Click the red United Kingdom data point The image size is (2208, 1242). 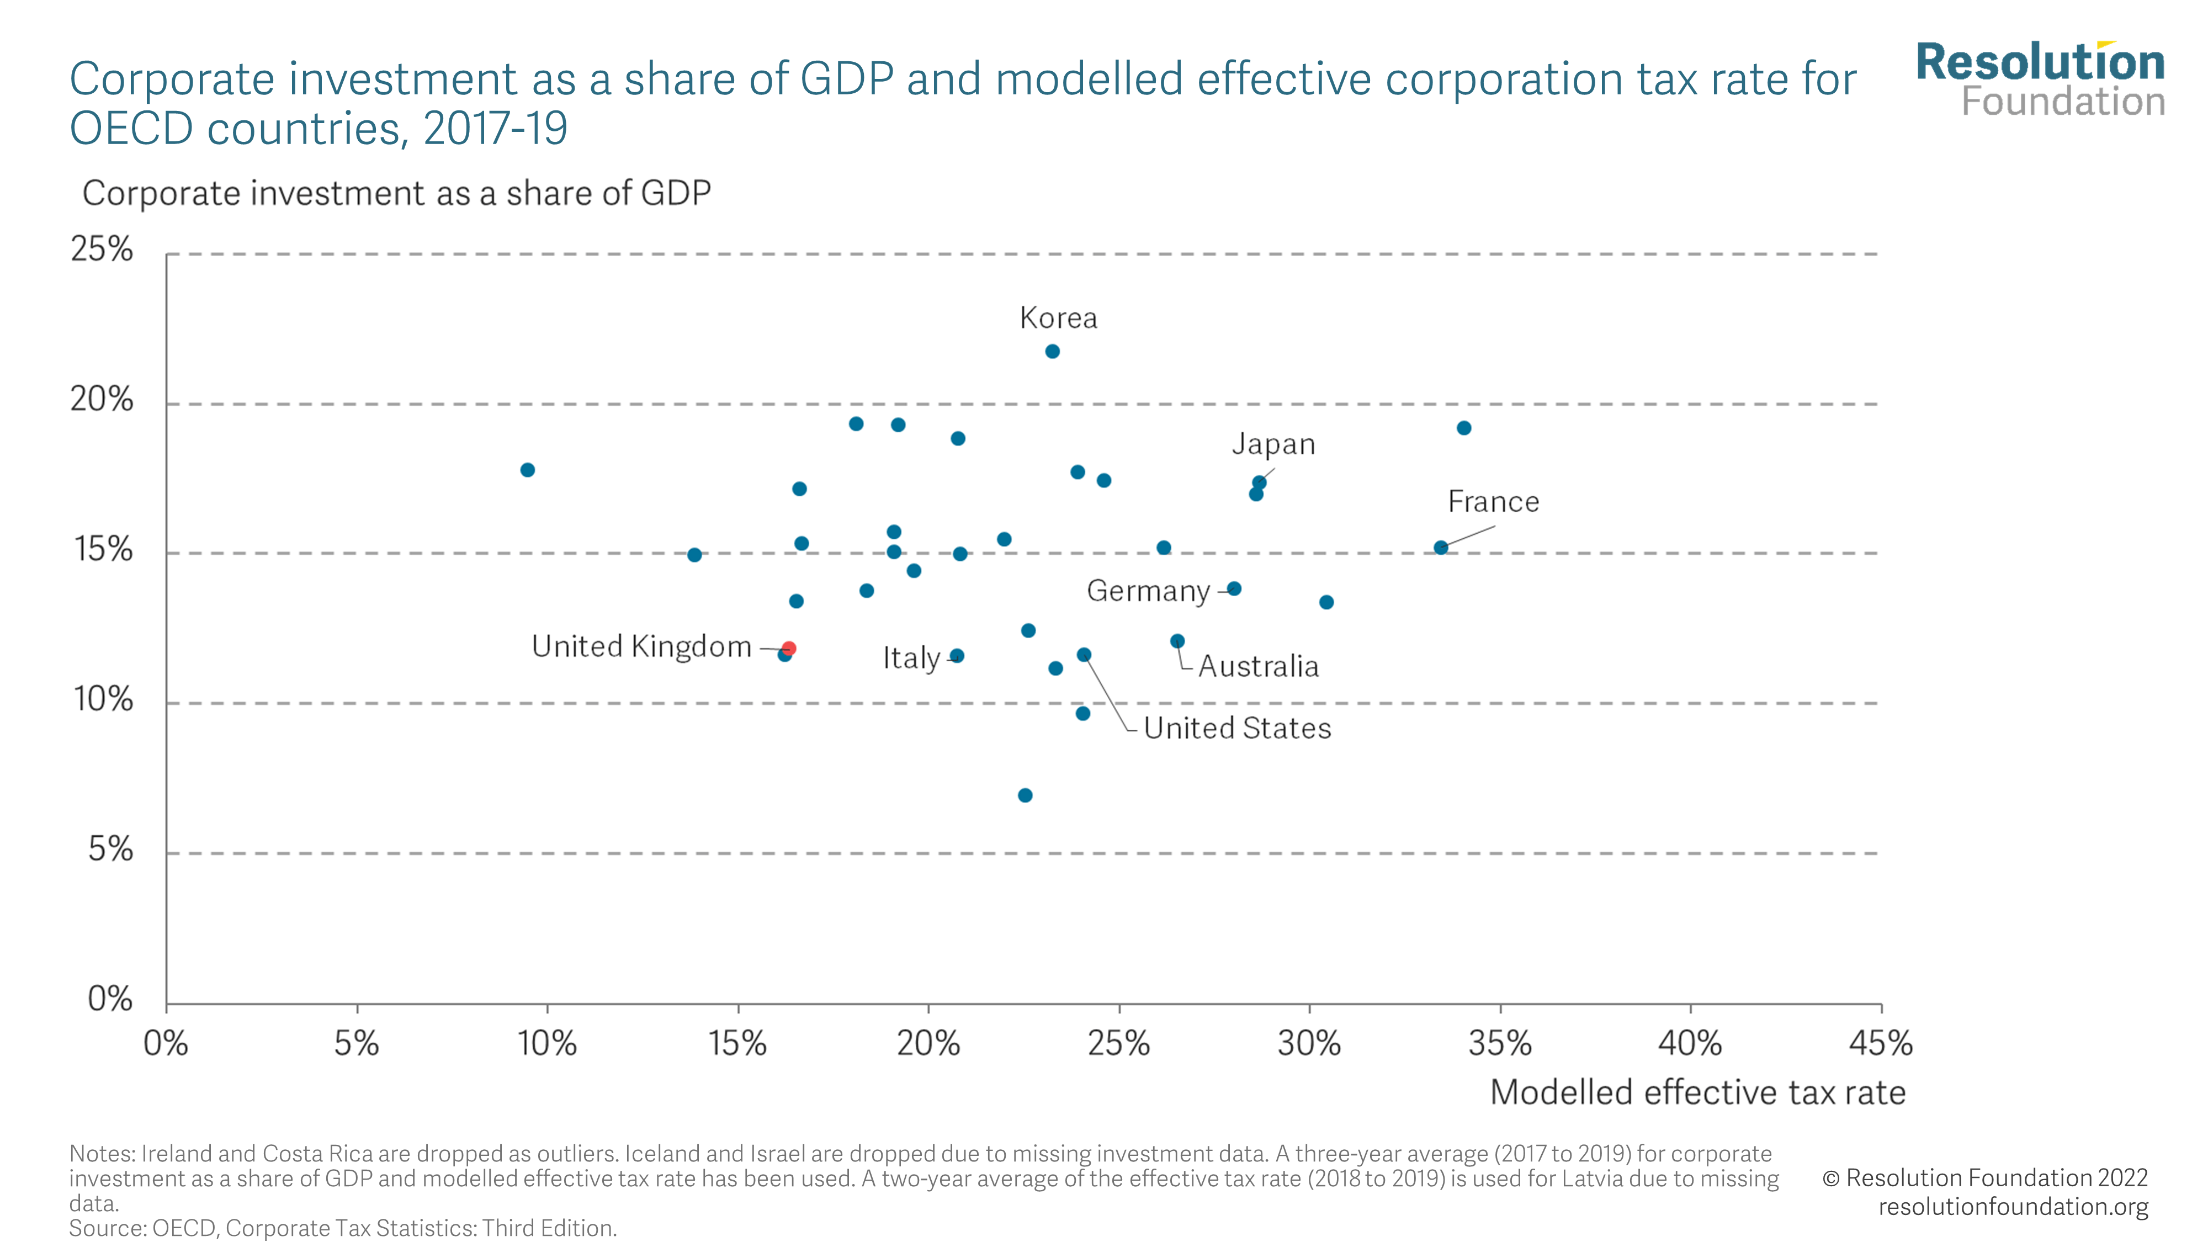[789, 649]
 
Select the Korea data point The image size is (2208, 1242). [1053, 352]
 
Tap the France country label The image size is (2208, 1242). [1493, 501]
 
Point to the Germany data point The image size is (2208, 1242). [1234, 589]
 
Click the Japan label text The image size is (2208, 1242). [1273, 444]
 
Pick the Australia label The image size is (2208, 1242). [1259, 666]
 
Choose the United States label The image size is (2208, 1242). [1237, 728]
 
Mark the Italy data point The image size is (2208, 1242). [957, 656]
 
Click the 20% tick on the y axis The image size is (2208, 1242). [102, 400]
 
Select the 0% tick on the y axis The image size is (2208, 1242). [110, 999]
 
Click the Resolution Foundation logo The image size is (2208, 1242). [2040, 79]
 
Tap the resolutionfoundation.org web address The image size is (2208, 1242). [2013, 1206]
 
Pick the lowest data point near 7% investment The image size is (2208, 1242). [1025, 795]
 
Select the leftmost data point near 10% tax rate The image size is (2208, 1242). [528, 470]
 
